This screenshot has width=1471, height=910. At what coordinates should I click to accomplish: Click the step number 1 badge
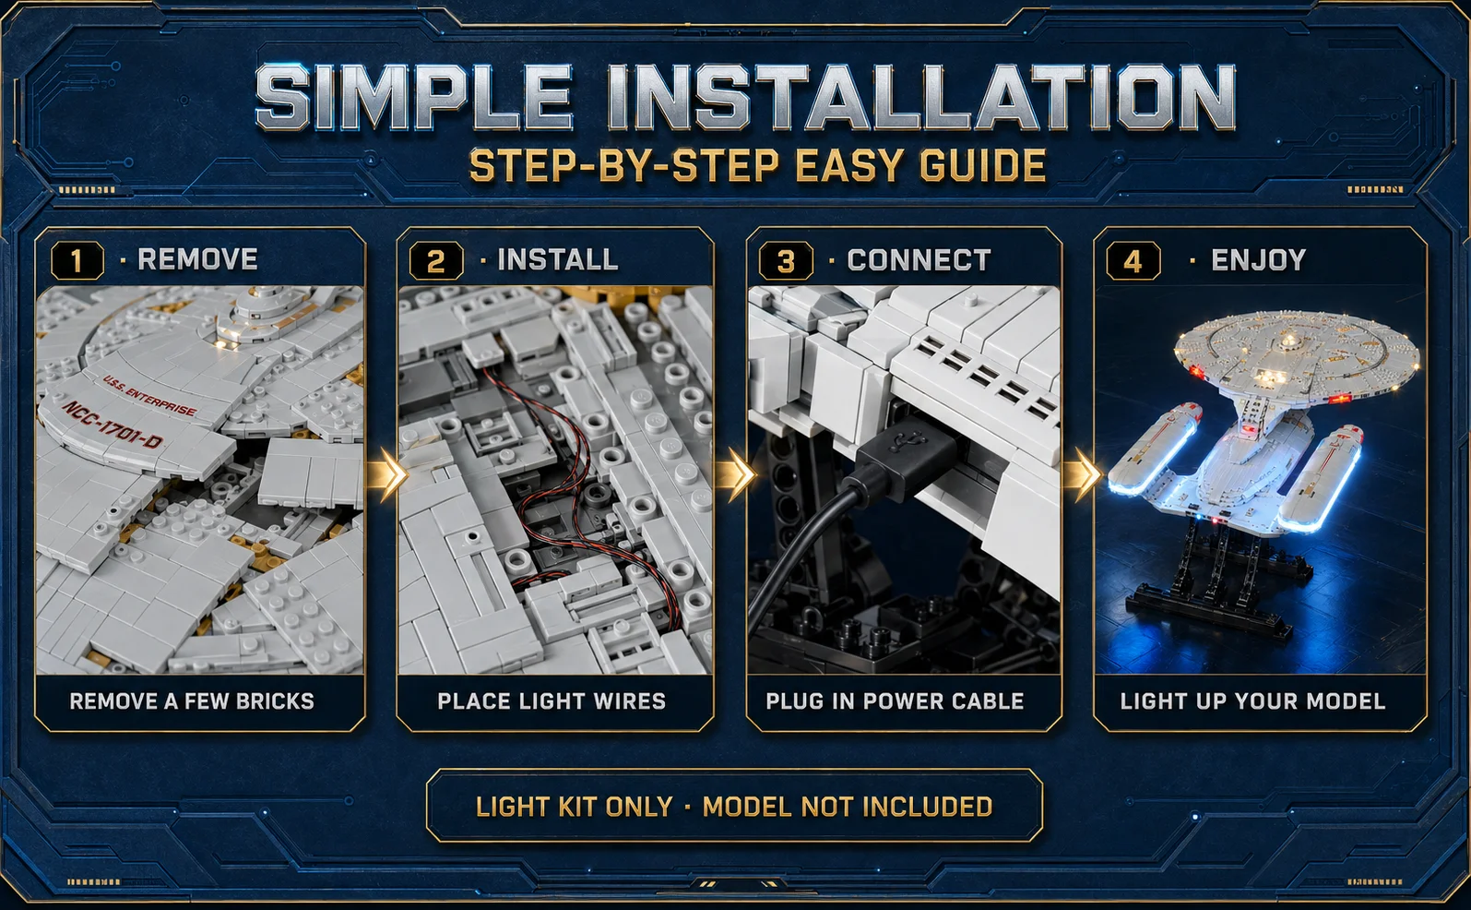[x=77, y=260]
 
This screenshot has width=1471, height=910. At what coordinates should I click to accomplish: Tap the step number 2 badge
[x=436, y=260]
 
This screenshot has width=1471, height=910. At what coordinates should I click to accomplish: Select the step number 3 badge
[x=786, y=261]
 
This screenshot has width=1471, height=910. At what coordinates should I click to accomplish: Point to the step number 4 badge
[x=1133, y=261]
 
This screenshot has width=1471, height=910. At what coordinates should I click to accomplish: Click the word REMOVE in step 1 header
[x=197, y=259]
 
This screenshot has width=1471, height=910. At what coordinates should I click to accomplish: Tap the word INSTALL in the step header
[x=558, y=259]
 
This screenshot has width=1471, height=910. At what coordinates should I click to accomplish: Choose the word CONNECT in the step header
[x=919, y=260]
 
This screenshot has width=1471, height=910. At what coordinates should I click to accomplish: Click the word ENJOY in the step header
[x=1258, y=260]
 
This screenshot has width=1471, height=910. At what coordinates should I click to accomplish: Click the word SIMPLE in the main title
[x=414, y=97]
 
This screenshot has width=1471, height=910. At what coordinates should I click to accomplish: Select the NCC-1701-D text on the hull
[x=113, y=425]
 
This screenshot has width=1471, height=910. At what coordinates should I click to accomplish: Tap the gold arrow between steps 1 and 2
[x=387, y=473]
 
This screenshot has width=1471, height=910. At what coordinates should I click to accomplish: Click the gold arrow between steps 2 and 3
[x=736, y=473]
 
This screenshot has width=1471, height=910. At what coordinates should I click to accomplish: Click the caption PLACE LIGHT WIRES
[x=552, y=701]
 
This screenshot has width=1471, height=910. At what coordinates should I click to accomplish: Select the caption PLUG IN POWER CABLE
[x=895, y=701]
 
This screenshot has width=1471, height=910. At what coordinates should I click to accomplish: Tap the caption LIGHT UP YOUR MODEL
[x=1253, y=701]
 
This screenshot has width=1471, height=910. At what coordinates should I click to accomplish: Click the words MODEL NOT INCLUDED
[x=848, y=807]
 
